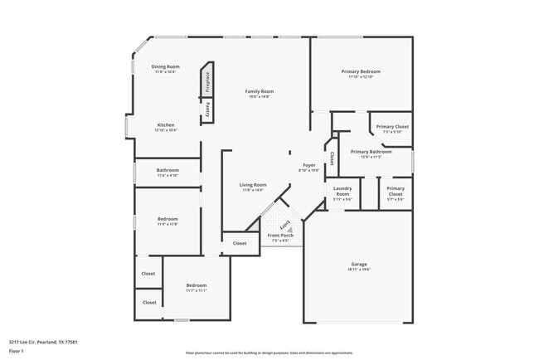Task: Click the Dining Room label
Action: pos(165,66)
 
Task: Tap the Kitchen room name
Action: pos(165,125)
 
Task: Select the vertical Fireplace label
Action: pos(207,81)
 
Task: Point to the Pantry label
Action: pos(207,108)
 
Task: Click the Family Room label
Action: pos(259,91)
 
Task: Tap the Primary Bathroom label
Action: pos(371,152)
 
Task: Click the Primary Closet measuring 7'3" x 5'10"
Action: pos(391,127)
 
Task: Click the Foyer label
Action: pos(308,166)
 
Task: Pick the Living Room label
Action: pos(252,185)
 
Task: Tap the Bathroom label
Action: pos(168,170)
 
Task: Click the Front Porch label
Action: pos(280,236)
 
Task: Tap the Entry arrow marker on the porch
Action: pos(284,225)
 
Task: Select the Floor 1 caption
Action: pos(17,351)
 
